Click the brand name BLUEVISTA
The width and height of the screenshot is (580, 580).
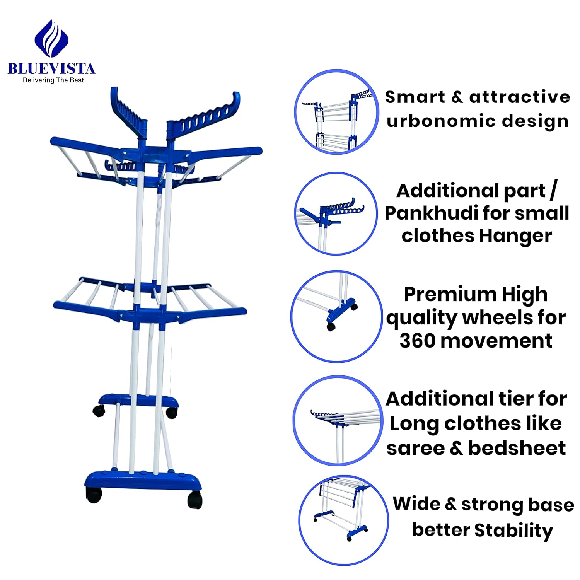click(51, 68)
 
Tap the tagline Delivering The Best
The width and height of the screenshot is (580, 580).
click(53, 80)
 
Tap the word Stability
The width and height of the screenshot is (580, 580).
click(514, 530)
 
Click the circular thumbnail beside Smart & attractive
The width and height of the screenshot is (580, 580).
click(336, 112)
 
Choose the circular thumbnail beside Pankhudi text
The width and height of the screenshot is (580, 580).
click(336, 213)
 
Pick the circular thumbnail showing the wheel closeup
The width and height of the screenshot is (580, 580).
click(336, 317)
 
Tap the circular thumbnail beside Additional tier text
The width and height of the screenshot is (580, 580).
click(336, 420)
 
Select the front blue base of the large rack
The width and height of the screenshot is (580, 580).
click(143, 481)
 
